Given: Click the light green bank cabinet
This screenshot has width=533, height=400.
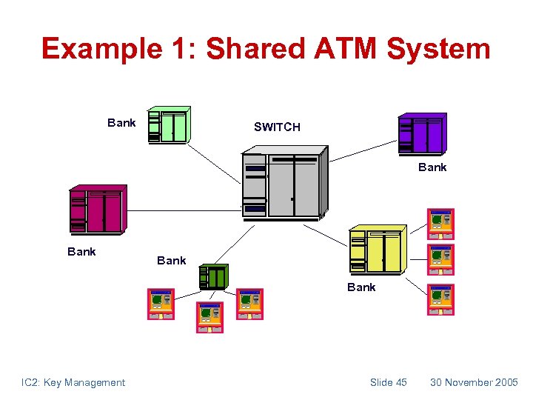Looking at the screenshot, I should click(168, 125).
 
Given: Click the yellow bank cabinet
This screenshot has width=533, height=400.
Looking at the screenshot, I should click(377, 249).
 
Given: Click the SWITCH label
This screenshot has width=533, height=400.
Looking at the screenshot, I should click(277, 127).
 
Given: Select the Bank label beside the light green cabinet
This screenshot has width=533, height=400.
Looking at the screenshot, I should click(121, 123).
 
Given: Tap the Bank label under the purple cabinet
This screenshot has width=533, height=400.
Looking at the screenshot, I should click(432, 167).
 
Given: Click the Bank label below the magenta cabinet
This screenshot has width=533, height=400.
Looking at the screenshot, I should click(81, 252).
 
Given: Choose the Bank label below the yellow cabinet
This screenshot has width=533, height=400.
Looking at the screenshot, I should click(361, 287).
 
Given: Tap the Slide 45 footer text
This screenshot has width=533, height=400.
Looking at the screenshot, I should click(389, 382).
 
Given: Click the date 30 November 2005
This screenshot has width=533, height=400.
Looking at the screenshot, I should click(474, 382).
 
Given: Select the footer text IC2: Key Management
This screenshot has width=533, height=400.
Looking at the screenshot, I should click(73, 382).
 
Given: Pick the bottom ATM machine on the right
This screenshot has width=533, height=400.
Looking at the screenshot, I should click(441, 299).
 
